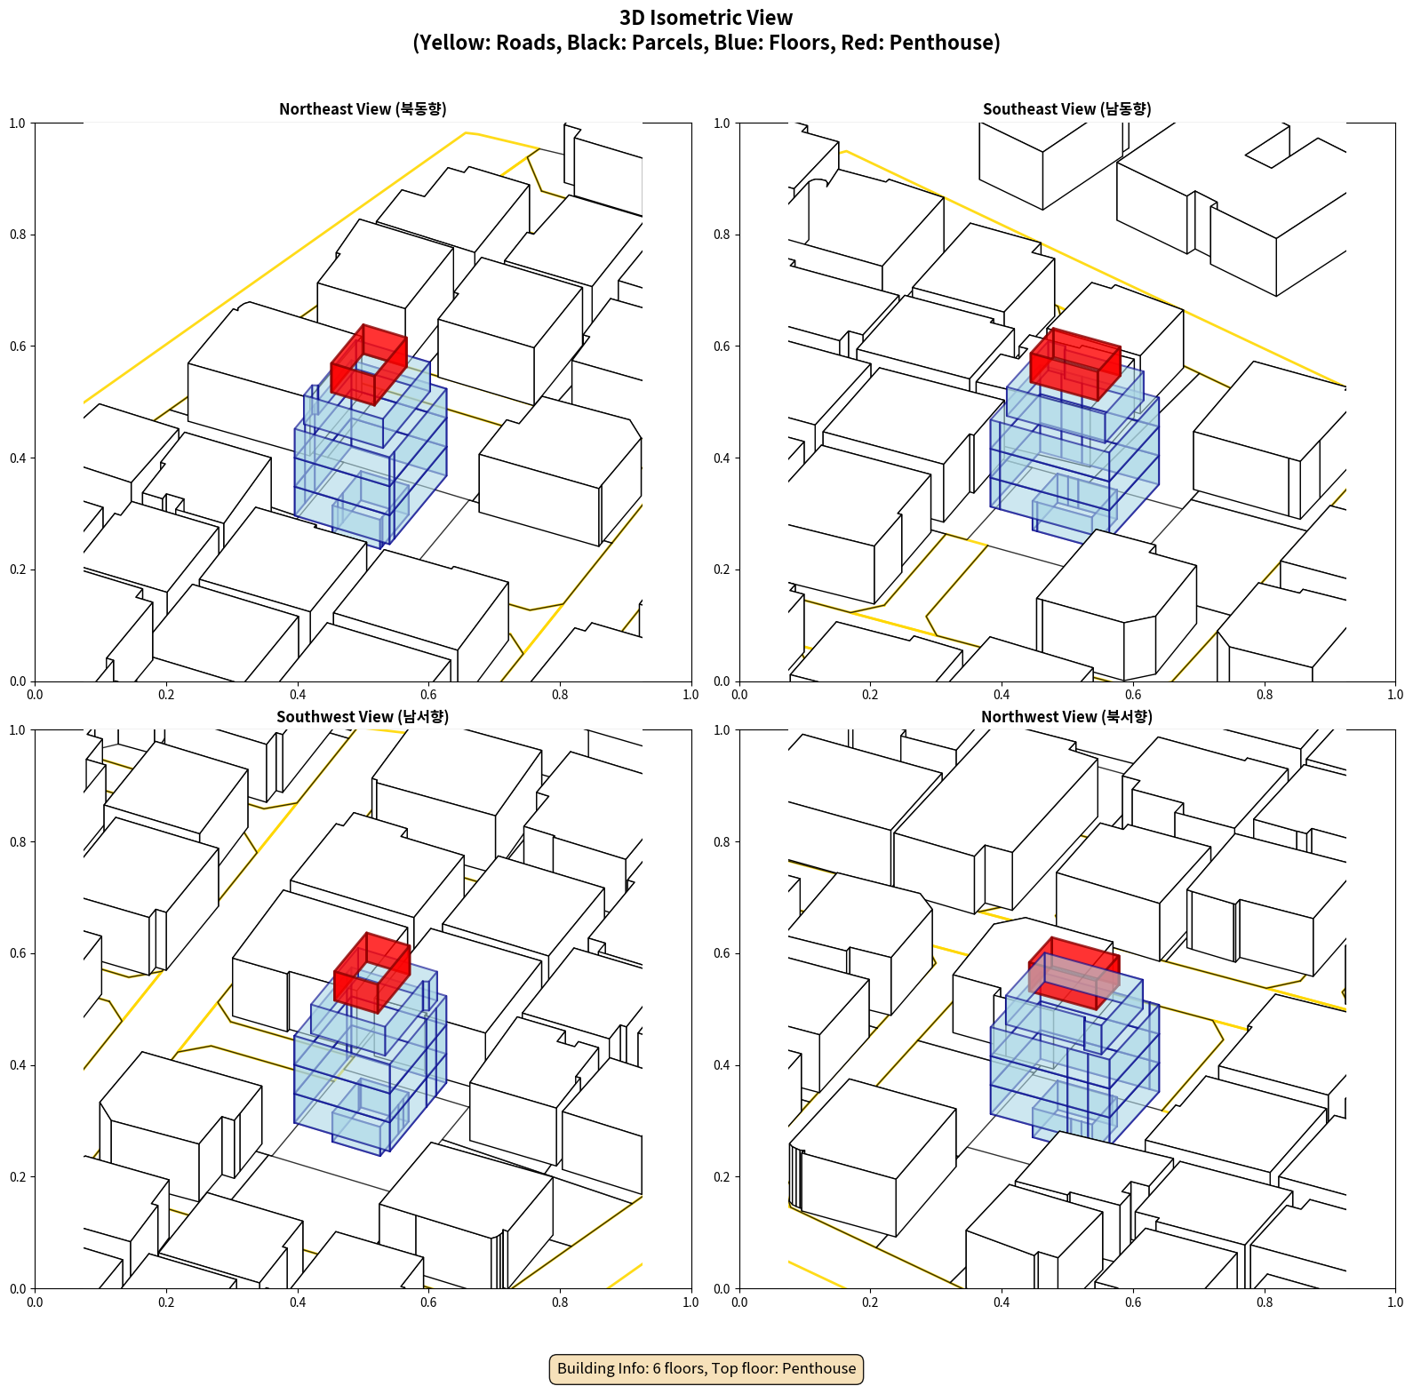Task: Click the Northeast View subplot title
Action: pyautogui.click(x=363, y=108)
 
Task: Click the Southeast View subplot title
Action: pyautogui.click(x=1066, y=108)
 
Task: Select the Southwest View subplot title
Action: pyautogui.click(x=363, y=716)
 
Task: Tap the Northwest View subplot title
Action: pyautogui.click(x=1066, y=716)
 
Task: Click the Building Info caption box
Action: pyautogui.click(x=706, y=1368)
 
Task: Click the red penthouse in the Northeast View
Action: pyautogui.click(x=369, y=364)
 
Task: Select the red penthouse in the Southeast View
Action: pyautogui.click(x=1075, y=364)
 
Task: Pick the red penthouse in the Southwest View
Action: pyautogui.click(x=372, y=973)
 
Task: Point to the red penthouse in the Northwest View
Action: pyautogui.click(x=1074, y=973)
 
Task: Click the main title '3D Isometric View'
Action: pyautogui.click(x=706, y=18)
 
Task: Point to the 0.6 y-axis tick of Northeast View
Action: pyautogui.click(x=17, y=346)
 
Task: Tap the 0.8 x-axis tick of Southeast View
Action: pyautogui.click(x=1265, y=695)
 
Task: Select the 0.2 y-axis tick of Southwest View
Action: pyautogui.click(x=17, y=1177)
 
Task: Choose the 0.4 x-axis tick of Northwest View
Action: pyautogui.click(x=1002, y=1302)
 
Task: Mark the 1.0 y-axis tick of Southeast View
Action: pyautogui.click(x=722, y=123)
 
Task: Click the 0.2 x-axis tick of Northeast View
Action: pyautogui.click(x=166, y=695)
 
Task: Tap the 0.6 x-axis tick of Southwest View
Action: pyautogui.click(x=428, y=1302)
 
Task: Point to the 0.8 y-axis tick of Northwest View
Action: pyautogui.click(x=722, y=842)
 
